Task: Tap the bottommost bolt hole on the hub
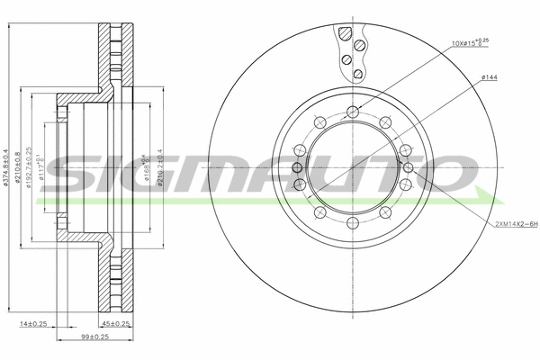pyautogui.click(x=353, y=223)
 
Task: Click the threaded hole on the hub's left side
pyautogui.click(x=298, y=168)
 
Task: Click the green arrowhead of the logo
pyautogui.click(x=486, y=198)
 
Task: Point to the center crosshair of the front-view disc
pyautogui.click(x=353, y=168)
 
